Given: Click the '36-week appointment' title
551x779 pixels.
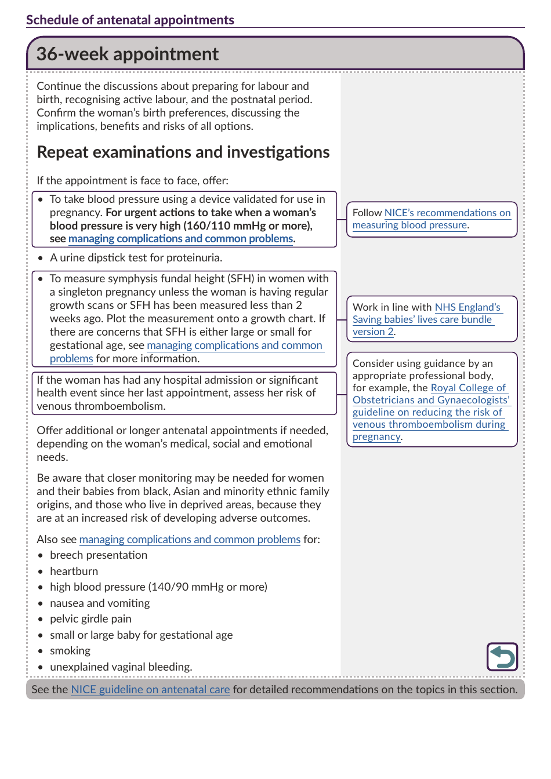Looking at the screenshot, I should click(x=127, y=54).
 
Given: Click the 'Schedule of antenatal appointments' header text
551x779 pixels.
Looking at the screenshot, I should click(x=130, y=20).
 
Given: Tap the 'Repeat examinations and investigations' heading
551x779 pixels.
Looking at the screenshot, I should click(x=183, y=152).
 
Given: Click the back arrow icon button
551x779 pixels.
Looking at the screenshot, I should click(x=502, y=657).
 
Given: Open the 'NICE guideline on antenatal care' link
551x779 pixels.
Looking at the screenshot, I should click(x=150, y=689).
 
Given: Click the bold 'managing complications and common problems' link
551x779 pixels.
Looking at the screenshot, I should click(x=180, y=239).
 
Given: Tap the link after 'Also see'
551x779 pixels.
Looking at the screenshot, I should click(x=190, y=539).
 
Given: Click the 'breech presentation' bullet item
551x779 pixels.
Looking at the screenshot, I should click(x=99, y=555).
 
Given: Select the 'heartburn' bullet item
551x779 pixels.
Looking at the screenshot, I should click(x=74, y=571).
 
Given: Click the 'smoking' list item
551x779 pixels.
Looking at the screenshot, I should click(x=70, y=650).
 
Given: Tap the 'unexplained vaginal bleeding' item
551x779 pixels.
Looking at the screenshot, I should click(x=121, y=667).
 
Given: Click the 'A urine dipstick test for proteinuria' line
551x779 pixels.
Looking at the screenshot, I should click(x=136, y=257).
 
